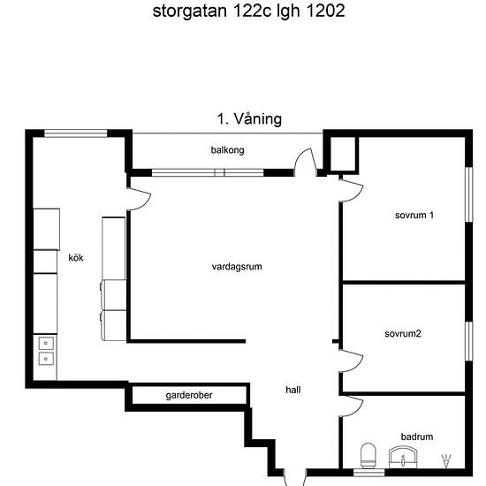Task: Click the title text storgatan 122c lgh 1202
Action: point(248,11)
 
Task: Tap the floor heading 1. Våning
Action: point(249,119)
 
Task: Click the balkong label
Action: point(227,150)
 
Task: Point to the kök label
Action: point(76,257)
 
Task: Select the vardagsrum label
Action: point(237,267)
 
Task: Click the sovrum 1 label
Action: point(414,215)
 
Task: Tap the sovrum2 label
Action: point(403,334)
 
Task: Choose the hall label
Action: point(293,390)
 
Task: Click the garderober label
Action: point(189,395)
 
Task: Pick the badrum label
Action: point(417,437)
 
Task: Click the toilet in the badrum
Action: point(368,455)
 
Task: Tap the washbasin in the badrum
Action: point(403,457)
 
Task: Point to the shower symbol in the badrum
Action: point(446,460)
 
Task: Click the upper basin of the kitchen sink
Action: point(46,343)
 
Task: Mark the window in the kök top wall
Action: point(76,133)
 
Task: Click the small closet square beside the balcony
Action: point(343,154)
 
